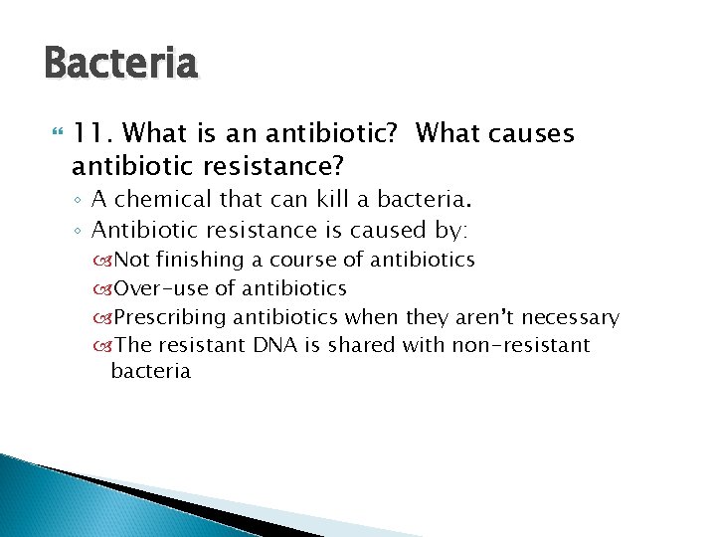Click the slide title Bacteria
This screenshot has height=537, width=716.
(x=121, y=66)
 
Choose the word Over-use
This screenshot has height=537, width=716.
(x=159, y=288)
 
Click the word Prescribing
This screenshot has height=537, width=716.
(x=169, y=317)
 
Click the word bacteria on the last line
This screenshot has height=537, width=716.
(x=150, y=372)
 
